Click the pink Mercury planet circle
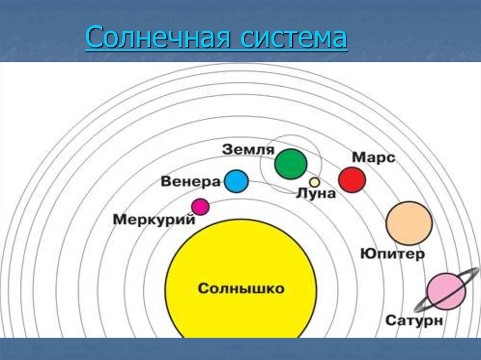click(x=200, y=207)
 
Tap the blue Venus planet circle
click(x=236, y=181)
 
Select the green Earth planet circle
click(x=291, y=164)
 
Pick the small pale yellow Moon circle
click(x=314, y=182)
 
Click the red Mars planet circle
click(x=352, y=180)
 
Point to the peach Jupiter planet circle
click(x=409, y=223)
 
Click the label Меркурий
click(x=154, y=220)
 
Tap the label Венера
click(x=191, y=182)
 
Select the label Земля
click(x=248, y=149)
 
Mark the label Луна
click(x=316, y=193)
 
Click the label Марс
click(x=373, y=157)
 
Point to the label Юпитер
click(x=393, y=254)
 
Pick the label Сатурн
click(x=414, y=321)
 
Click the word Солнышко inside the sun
click(x=241, y=289)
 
